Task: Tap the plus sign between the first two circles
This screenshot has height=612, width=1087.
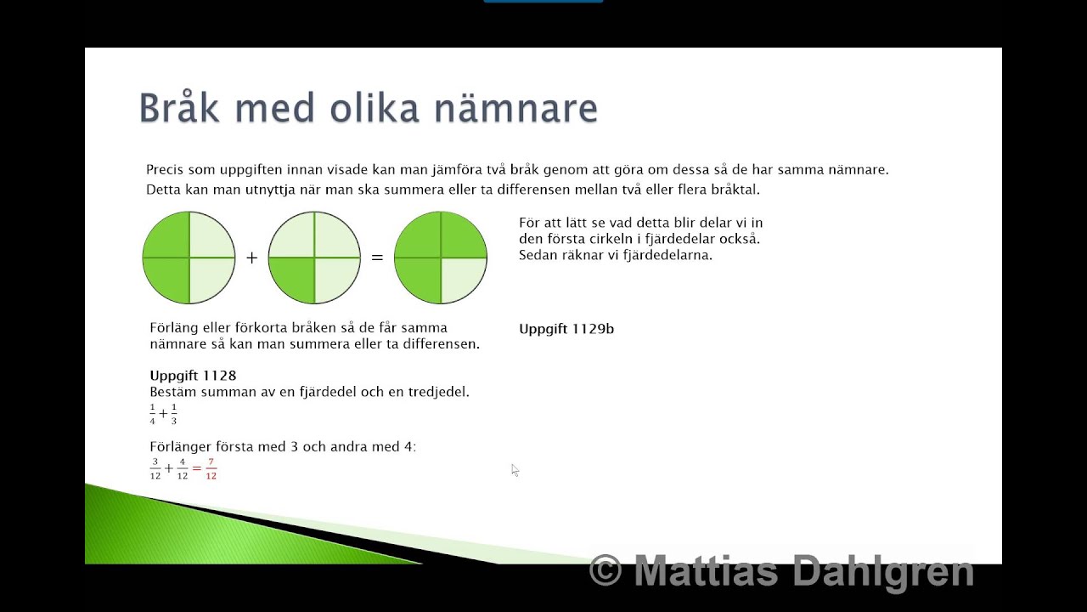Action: pyautogui.click(x=251, y=258)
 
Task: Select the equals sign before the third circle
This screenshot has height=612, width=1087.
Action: pyautogui.click(x=377, y=258)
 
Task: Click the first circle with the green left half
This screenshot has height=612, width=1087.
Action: pyautogui.click(x=189, y=258)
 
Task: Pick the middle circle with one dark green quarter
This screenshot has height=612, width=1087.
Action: pyautogui.click(x=314, y=258)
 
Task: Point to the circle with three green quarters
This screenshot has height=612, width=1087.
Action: pyautogui.click(x=440, y=258)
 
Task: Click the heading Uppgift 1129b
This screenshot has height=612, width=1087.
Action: pyautogui.click(x=566, y=329)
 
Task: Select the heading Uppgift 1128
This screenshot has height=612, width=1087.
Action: pyautogui.click(x=193, y=375)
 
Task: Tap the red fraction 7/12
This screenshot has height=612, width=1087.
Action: pyautogui.click(x=211, y=468)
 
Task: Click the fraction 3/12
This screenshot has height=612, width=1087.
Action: pyautogui.click(x=155, y=468)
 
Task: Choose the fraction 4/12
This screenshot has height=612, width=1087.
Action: pyautogui.click(x=183, y=468)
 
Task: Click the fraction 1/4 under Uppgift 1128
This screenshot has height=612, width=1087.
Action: pyautogui.click(x=153, y=414)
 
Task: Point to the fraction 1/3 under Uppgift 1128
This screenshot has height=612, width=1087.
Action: pyautogui.click(x=173, y=414)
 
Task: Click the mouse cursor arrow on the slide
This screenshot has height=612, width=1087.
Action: pyautogui.click(x=515, y=469)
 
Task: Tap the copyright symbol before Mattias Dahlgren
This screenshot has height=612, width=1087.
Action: pyautogui.click(x=605, y=570)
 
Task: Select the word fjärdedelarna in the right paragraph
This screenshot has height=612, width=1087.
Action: pyautogui.click(x=667, y=254)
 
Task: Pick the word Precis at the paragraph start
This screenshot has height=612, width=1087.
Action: pyautogui.click(x=166, y=170)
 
